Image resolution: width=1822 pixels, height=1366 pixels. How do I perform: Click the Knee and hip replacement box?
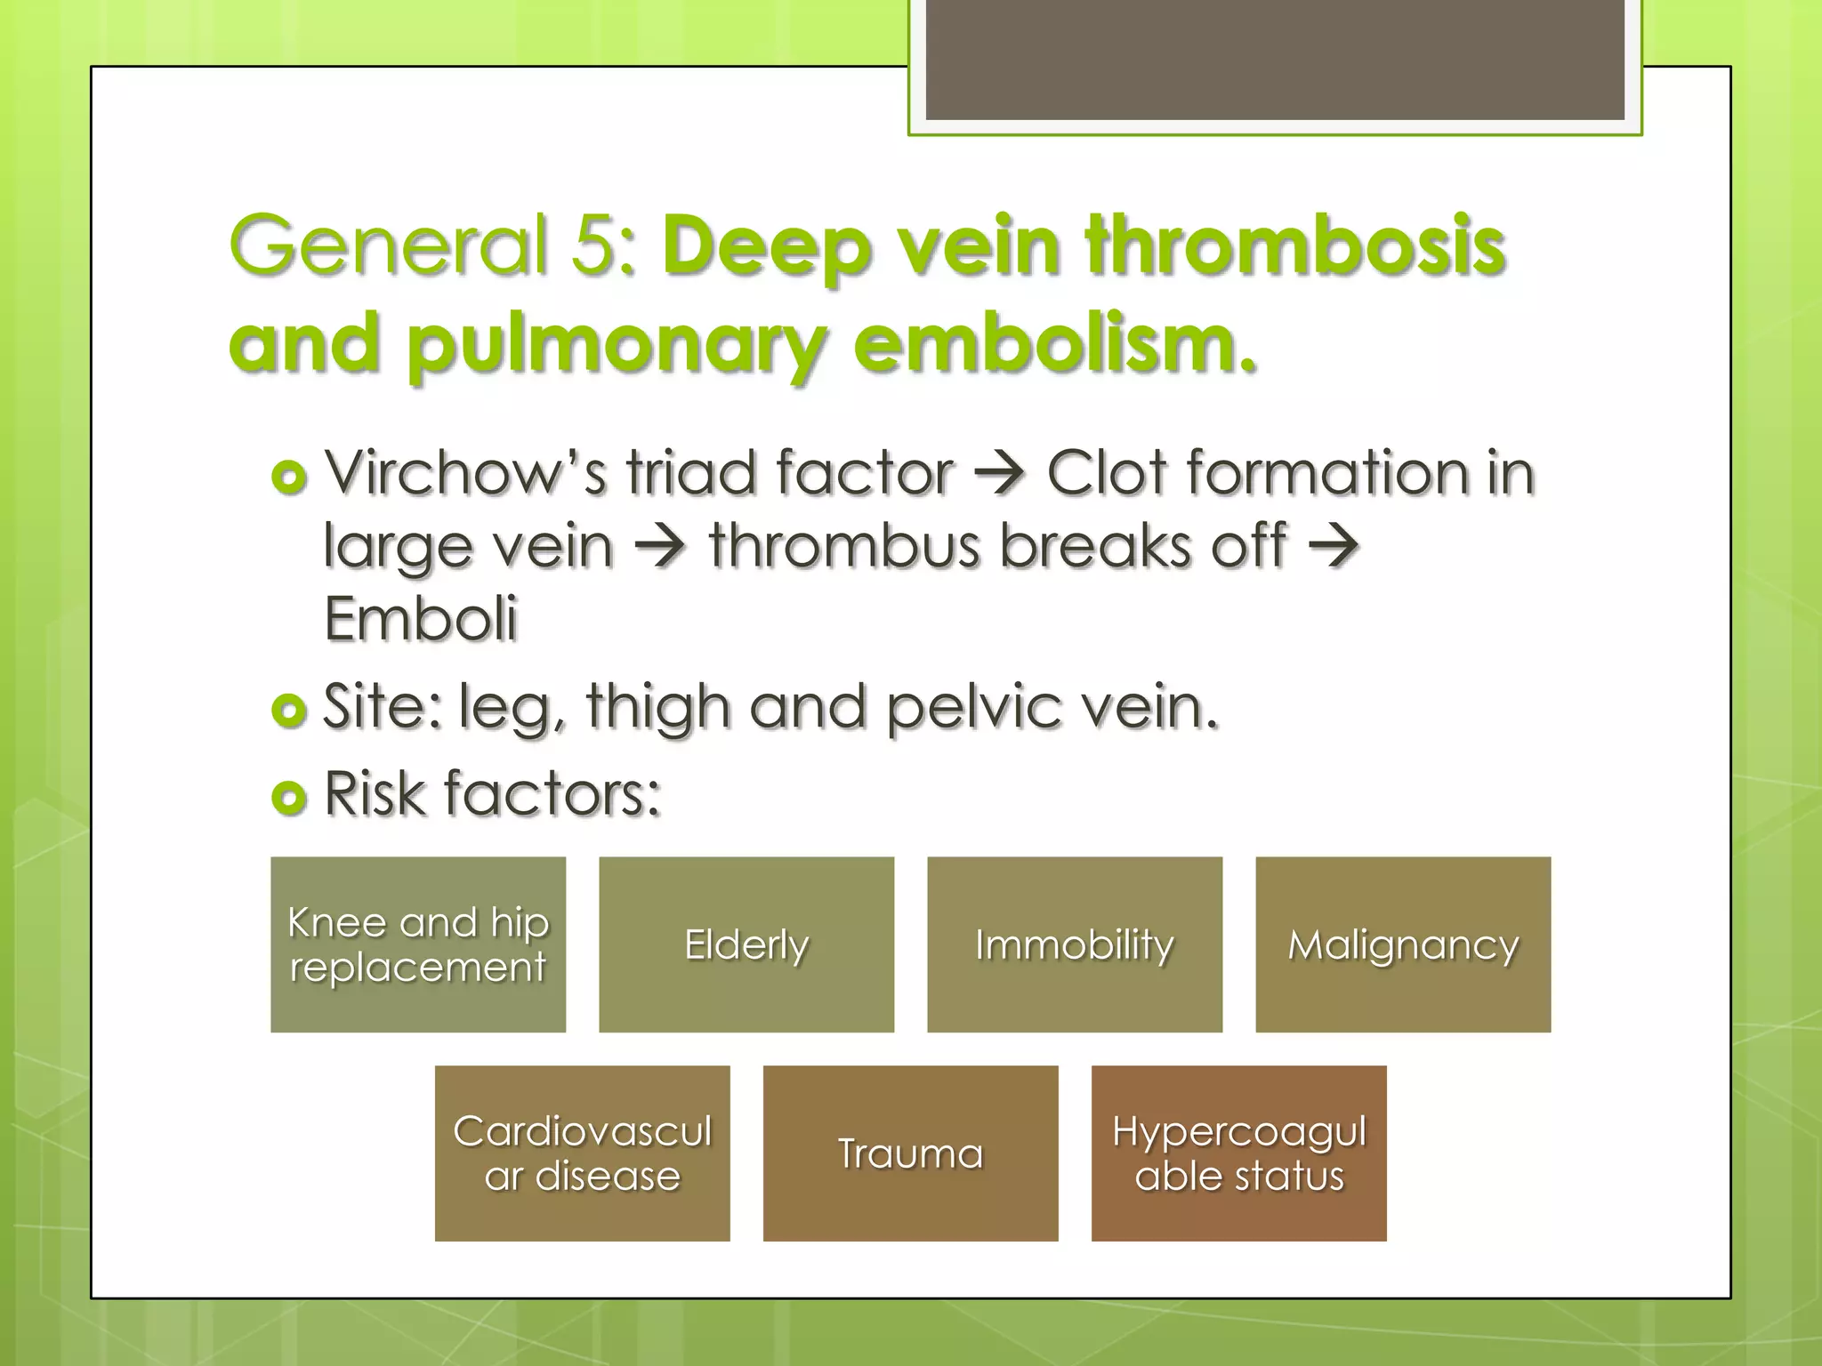click(418, 944)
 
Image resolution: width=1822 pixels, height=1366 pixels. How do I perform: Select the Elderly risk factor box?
click(746, 944)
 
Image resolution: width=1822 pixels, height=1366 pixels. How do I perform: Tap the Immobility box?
click(1075, 944)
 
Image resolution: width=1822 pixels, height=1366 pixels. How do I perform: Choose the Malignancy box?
click(1403, 944)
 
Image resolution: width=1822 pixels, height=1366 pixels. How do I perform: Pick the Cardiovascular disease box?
click(583, 1153)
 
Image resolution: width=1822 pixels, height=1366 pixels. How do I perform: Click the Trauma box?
click(911, 1153)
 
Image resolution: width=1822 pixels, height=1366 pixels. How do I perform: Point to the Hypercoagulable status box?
click(1239, 1153)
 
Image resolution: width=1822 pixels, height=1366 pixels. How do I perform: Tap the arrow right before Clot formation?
click(1000, 474)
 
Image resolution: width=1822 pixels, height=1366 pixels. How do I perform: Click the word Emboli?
click(420, 619)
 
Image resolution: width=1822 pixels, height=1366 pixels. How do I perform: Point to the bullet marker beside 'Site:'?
click(289, 710)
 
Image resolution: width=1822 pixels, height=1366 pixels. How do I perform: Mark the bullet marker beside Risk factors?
click(289, 797)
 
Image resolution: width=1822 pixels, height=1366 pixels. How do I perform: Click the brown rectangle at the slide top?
click(1275, 60)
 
